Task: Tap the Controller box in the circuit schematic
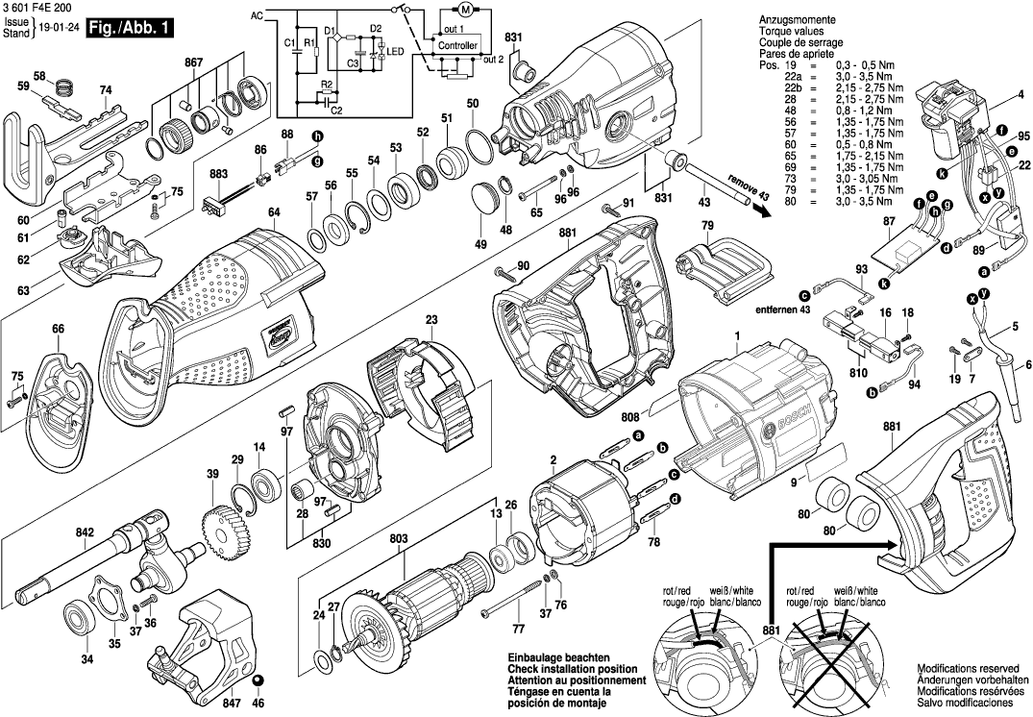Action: tap(456, 45)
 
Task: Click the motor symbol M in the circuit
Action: tap(463, 11)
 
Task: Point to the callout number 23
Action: tap(431, 319)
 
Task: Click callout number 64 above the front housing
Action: tap(274, 212)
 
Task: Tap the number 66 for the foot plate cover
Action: tap(59, 330)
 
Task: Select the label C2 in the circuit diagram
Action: tap(336, 110)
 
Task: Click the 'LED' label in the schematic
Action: tap(394, 50)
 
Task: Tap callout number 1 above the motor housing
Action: tap(737, 335)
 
